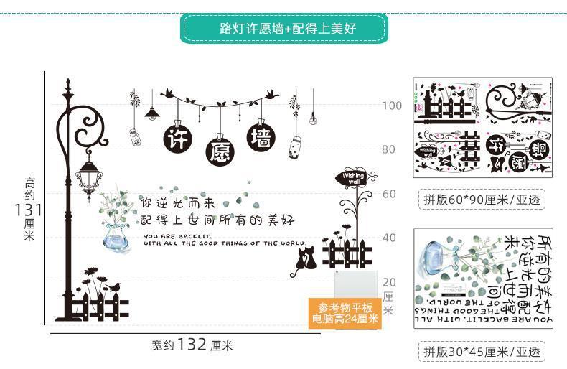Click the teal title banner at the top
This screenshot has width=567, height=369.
pyautogui.click(x=286, y=29)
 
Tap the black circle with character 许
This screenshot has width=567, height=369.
pyautogui.click(x=176, y=139)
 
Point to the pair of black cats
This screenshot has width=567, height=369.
pyautogui.click(x=304, y=261)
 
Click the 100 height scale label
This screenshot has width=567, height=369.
pyautogui.click(x=392, y=106)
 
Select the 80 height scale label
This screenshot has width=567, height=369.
pyautogui.click(x=388, y=149)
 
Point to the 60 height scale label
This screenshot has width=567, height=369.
pyautogui.click(x=388, y=194)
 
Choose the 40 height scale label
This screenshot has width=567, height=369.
pyautogui.click(x=388, y=238)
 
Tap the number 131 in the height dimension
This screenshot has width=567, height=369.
pyautogui.click(x=28, y=210)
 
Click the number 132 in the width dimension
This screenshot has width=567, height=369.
pyautogui.click(x=192, y=344)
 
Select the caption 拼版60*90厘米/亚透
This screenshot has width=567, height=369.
pyautogui.click(x=481, y=198)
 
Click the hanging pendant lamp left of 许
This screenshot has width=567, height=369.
pyautogui.click(x=151, y=112)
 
